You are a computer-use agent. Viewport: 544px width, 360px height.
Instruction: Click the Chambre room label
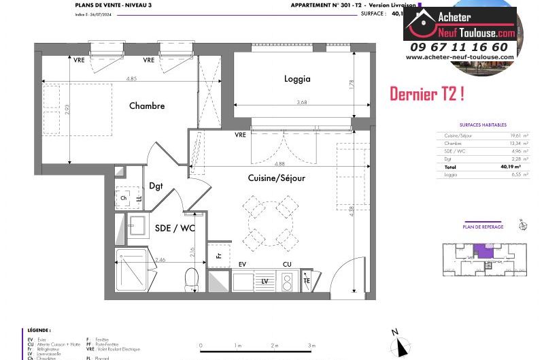pyautogui.click(x=147, y=105)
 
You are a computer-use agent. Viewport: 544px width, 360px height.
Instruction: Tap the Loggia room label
pyautogui.click(x=297, y=79)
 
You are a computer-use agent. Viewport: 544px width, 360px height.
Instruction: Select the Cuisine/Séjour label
pyautogui.click(x=276, y=178)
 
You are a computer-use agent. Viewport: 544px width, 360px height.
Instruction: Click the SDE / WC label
pyautogui.click(x=175, y=228)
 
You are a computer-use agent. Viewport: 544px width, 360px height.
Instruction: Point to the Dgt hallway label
pyautogui.click(x=156, y=186)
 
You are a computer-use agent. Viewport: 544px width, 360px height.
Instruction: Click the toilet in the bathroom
pyautogui.click(x=192, y=278)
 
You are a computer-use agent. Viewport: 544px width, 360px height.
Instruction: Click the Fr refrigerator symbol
pyautogui.click(x=218, y=256)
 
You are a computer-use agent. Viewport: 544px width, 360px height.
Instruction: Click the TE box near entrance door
pyautogui.click(x=307, y=280)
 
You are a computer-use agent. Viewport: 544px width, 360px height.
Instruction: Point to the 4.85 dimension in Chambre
pyautogui.click(x=131, y=79)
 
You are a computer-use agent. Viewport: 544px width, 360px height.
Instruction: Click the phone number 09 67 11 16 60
pyautogui.click(x=459, y=47)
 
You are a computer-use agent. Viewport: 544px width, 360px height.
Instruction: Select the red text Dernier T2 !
pyautogui.click(x=426, y=95)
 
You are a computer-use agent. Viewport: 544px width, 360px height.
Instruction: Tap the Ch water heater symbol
pyautogui.click(x=124, y=198)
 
